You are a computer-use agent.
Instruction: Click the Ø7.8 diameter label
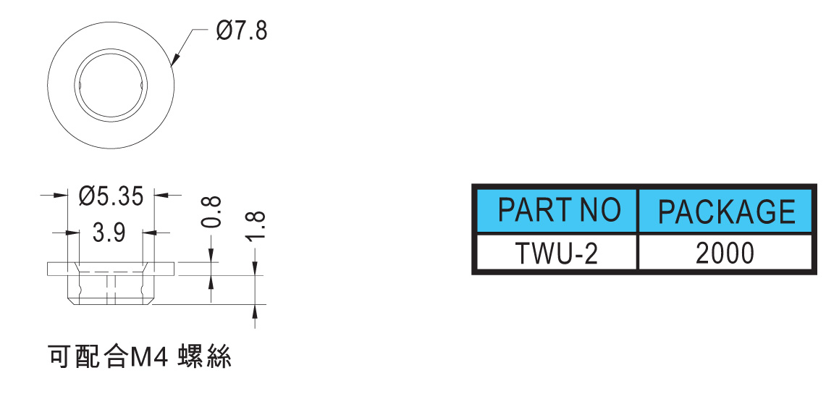241,32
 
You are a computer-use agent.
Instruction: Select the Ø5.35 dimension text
111,196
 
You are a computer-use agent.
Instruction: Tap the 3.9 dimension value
109,233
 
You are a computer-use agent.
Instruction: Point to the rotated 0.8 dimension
211,212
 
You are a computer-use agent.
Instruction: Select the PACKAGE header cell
725,210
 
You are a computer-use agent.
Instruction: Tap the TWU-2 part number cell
557,252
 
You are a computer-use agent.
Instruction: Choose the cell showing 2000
725,252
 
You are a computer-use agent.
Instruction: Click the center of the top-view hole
111,85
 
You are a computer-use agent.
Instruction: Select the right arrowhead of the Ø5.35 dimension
160,196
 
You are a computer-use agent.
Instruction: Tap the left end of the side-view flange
48,268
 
